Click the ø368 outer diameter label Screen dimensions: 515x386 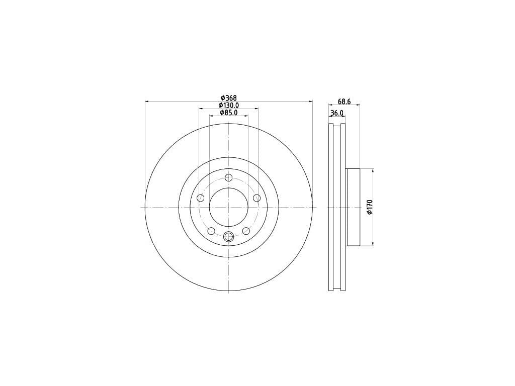coord(229,98)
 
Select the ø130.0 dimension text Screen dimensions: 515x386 coord(229,106)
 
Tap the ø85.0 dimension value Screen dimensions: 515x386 coord(229,113)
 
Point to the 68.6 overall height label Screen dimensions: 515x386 coord(344,102)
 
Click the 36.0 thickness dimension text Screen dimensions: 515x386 coord(336,113)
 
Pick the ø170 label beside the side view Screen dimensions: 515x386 coord(370,207)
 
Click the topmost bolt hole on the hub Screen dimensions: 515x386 coord(229,177)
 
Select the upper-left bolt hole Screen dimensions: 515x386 coord(200,198)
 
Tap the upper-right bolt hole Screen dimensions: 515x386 coord(257,198)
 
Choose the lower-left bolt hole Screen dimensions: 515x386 coord(211,231)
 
